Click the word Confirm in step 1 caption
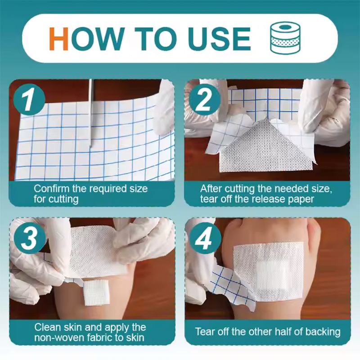51,188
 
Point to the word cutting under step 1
63,198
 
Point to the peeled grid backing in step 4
227,283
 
